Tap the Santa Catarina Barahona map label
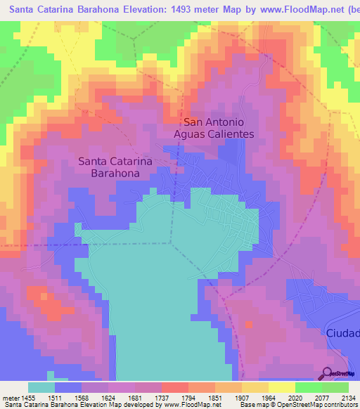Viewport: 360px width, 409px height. pyautogui.click(x=117, y=167)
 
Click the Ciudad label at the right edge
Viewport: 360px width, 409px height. pyautogui.click(x=343, y=331)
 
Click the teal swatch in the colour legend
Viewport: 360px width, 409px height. pyautogui.click(x=41, y=387)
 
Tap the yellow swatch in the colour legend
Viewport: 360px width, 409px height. pyautogui.click(x=281, y=387)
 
